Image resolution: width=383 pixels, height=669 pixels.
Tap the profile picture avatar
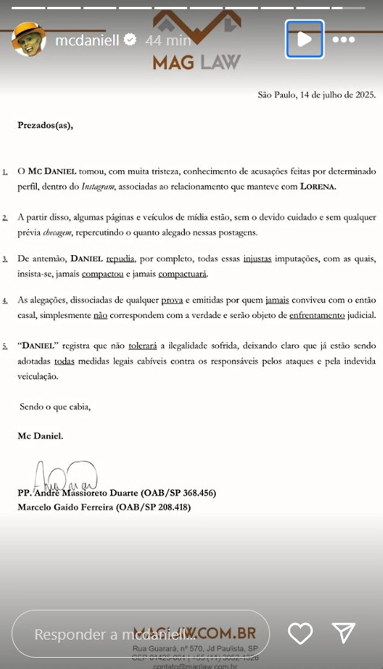[29, 40]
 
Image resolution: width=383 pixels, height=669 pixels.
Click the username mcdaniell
[87, 41]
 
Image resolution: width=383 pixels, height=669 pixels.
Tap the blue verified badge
[130, 40]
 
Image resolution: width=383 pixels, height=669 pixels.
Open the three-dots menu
[343, 40]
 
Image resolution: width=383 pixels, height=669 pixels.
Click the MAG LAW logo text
[196, 62]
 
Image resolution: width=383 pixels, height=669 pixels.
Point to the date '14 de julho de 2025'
[337, 95]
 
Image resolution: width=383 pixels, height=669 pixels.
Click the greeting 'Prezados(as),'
[45, 125]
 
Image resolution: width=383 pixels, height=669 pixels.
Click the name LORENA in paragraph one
[318, 187]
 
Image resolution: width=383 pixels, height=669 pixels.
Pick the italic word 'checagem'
[57, 233]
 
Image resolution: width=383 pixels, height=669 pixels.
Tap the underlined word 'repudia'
[120, 259]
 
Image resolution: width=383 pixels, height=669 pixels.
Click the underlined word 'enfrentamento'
[317, 315]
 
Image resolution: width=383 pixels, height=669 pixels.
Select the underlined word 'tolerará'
[143, 346]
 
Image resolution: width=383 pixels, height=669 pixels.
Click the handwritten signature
[65, 476]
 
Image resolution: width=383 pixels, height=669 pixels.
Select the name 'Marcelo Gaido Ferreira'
[65, 507]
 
